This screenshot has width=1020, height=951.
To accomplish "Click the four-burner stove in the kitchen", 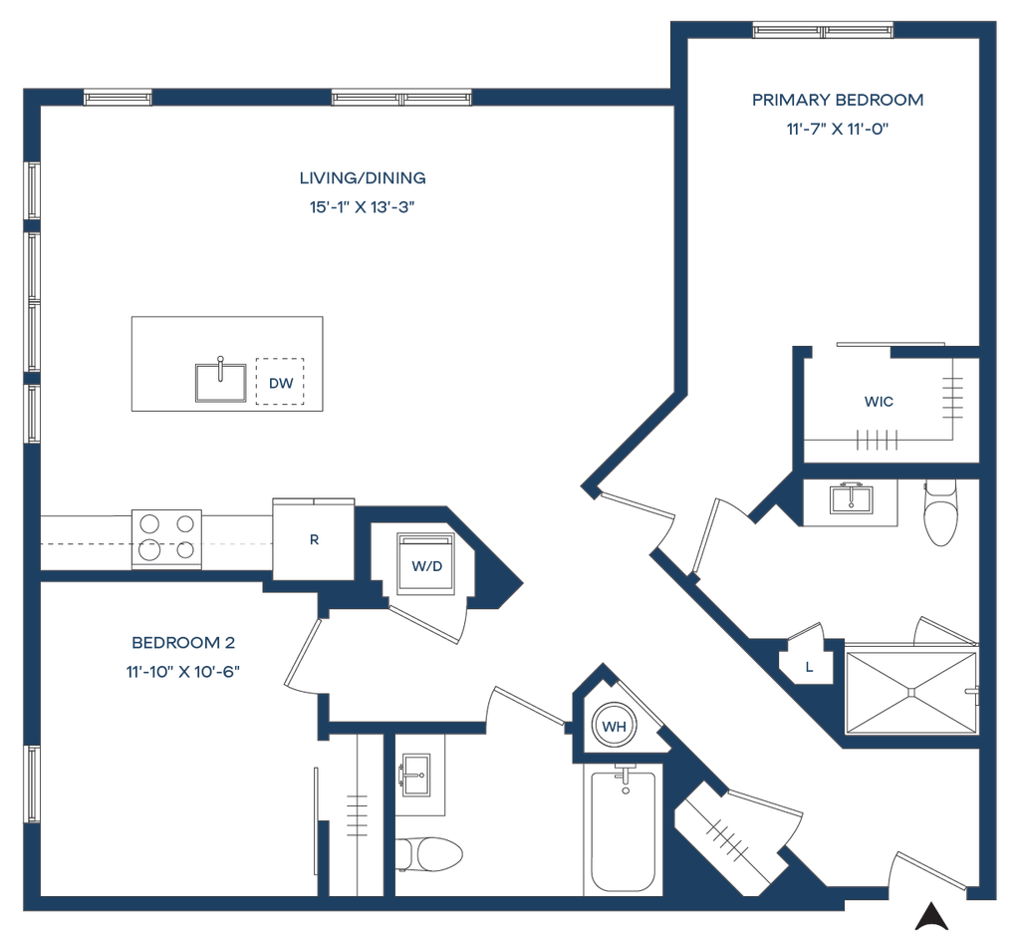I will [x=166, y=538].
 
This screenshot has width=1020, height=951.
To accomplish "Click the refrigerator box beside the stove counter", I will [x=314, y=539].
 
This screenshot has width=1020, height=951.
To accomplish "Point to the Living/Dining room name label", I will [x=363, y=179].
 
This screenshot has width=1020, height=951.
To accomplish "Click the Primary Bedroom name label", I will [x=838, y=100].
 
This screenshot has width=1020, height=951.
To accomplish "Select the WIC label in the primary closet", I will [x=879, y=403].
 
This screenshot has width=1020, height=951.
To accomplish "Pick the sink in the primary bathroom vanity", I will [x=851, y=497].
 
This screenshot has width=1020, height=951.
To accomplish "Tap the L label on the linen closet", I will [x=809, y=667].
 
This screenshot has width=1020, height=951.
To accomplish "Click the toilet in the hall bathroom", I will [x=430, y=853].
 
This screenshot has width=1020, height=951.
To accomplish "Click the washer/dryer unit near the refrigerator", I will [x=424, y=566].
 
